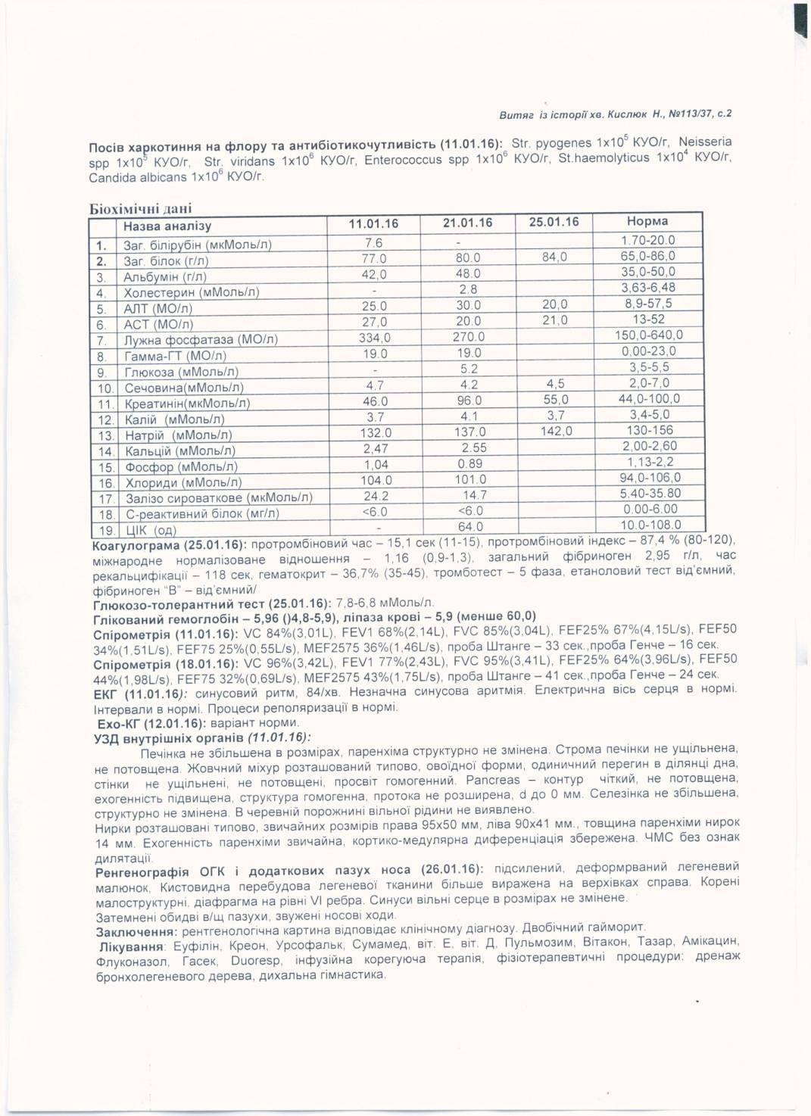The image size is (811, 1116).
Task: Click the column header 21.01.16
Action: tap(467, 223)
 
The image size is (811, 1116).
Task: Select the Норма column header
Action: tap(647, 222)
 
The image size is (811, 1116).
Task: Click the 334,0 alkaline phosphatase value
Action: tap(375, 338)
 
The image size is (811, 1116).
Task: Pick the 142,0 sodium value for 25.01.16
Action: tap(556, 431)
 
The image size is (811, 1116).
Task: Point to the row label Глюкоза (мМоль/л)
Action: tap(181, 372)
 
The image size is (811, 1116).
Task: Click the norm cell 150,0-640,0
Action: tap(648, 335)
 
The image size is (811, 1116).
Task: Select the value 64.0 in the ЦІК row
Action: tap(470, 526)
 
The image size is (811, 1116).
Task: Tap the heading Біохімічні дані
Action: tap(141, 208)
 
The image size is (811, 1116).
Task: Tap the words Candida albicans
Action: tap(138, 178)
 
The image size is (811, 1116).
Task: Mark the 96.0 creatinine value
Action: tap(469, 401)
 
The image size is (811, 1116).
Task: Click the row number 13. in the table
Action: tap(105, 435)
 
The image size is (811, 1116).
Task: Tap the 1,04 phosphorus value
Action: tap(376, 465)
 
